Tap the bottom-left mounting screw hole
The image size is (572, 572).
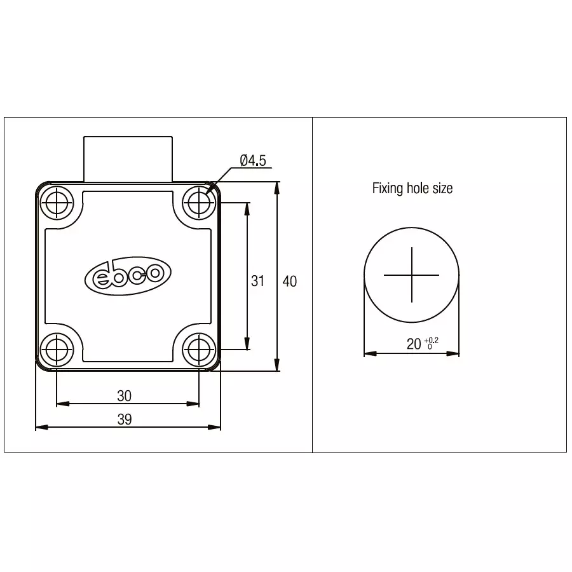pyautogui.click(x=57, y=349)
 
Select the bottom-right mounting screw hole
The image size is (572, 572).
pyautogui.click(x=199, y=349)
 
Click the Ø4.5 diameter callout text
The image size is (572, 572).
pyautogui.click(x=252, y=161)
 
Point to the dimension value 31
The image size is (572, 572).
pyautogui.click(x=257, y=280)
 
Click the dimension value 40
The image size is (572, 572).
pyautogui.click(x=290, y=280)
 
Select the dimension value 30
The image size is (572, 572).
pyautogui.click(x=125, y=395)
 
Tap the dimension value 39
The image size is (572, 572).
pyautogui.click(x=125, y=419)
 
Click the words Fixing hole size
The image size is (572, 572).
pyautogui.click(x=412, y=188)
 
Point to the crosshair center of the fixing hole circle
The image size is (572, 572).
pyautogui.click(x=412, y=275)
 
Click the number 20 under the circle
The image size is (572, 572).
pyautogui.click(x=414, y=344)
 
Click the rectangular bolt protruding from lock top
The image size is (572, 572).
pyautogui.click(x=128, y=158)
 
